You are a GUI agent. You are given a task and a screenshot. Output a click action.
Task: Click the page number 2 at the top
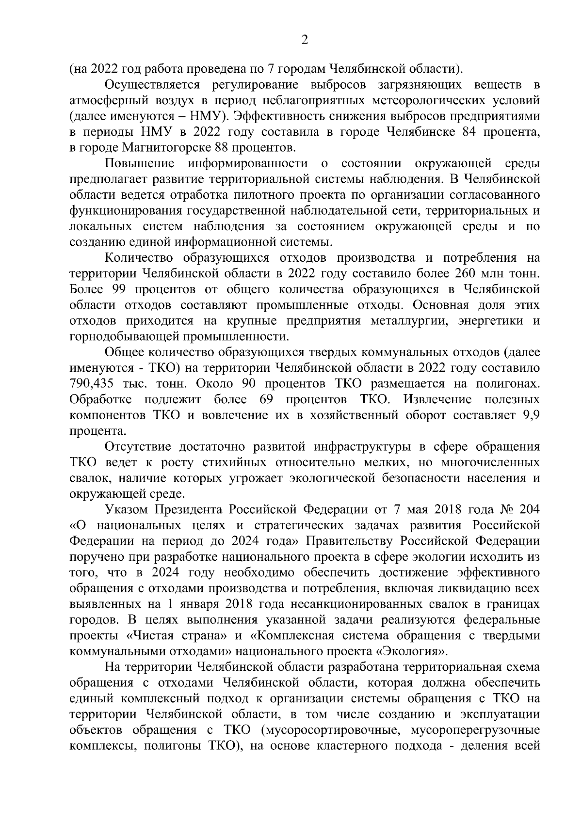click(x=305, y=40)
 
